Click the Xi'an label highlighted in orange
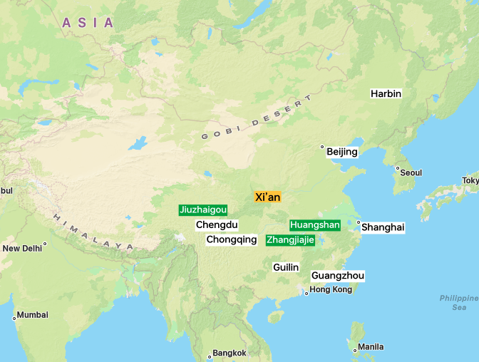click(267, 197)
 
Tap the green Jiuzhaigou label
click(204, 210)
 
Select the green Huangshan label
click(315, 224)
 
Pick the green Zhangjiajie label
click(290, 239)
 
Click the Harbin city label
click(386, 93)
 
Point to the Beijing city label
click(342, 152)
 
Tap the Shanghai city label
click(383, 227)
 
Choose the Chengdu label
click(217, 224)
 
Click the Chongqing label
click(232, 239)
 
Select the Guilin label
click(286, 267)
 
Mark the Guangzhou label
click(338, 276)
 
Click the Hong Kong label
click(331, 290)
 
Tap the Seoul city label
click(411, 172)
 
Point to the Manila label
click(371, 347)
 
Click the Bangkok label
click(229, 353)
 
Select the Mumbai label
click(33, 314)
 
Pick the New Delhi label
click(22, 248)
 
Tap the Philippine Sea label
click(458, 302)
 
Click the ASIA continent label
click(88, 23)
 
